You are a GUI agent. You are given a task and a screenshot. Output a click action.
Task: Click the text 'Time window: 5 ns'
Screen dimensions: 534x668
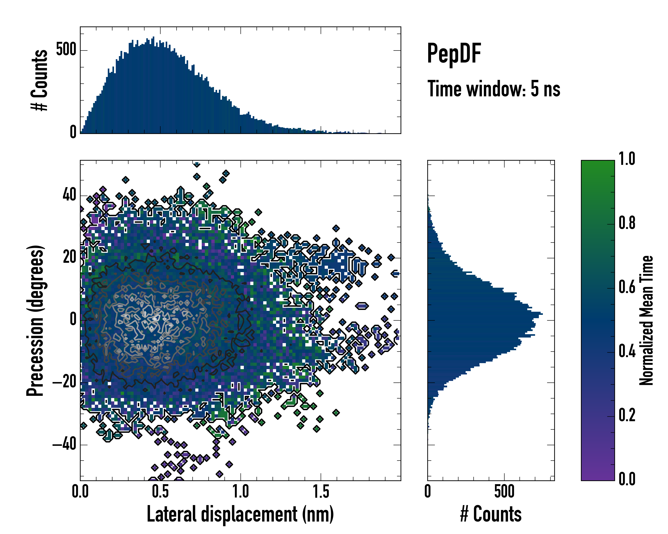(x=494, y=89)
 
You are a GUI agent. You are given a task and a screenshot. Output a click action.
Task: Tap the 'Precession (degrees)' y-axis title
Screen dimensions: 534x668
(x=35, y=320)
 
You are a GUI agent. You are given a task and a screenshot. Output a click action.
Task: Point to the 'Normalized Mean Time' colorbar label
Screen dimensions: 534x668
(x=646, y=320)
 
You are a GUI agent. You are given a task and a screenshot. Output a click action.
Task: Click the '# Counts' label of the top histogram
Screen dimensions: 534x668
(x=39, y=80)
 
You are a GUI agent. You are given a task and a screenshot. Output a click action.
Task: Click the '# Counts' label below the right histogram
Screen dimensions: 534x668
(x=491, y=514)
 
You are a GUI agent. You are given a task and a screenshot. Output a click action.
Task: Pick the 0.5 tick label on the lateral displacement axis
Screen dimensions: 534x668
(x=161, y=492)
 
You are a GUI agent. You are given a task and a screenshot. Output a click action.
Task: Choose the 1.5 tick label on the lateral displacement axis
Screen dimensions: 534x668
(x=321, y=492)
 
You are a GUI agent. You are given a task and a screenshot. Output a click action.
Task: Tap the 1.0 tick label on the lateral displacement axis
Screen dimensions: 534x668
(x=241, y=492)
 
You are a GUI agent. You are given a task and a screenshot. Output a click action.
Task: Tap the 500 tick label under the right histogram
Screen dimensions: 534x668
(x=504, y=492)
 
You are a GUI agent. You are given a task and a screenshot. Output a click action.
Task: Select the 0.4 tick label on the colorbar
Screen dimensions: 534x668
(x=627, y=351)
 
